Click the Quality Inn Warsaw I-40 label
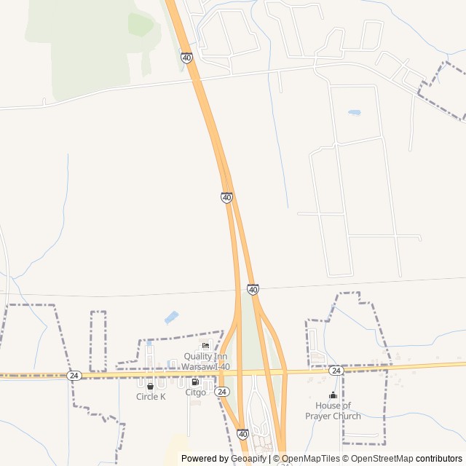coord(206,361)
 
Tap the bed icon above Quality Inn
coord(206,345)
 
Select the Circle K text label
coord(151,397)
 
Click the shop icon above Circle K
coord(151,386)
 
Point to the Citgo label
coord(195,392)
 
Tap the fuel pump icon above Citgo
coord(194,382)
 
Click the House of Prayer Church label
coord(333,411)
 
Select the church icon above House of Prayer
coord(333,395)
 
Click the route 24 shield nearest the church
coord(335,371)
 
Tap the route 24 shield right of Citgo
coord(222,392)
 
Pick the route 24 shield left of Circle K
coord(74,375)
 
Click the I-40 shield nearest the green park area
coord(187,58)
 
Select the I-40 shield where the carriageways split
coord(226,197)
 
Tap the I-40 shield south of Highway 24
coord(242,434)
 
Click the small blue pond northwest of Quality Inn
coord(171,317)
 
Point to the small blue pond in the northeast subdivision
coord(355,113)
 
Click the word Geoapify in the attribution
coord(248,459)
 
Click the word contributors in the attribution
coord(439,459)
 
